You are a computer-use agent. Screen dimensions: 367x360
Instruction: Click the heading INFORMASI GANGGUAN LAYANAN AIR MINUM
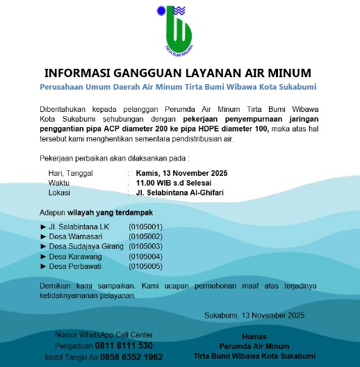click(178, 73)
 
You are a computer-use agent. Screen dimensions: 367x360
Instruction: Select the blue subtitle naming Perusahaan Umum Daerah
click(178, 86)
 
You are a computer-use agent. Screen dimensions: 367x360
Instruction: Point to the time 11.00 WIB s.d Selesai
click(169, 183)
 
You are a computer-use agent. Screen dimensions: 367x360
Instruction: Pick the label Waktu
click(59, 183)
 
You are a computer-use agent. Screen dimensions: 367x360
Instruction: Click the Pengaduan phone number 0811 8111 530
click(124, 345)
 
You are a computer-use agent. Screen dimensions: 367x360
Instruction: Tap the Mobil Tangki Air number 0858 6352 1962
click(133, 357)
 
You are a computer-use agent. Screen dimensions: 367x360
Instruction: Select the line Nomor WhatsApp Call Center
click(104, 335)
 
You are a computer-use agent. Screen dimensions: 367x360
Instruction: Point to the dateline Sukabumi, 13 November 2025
click(255, 316)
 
